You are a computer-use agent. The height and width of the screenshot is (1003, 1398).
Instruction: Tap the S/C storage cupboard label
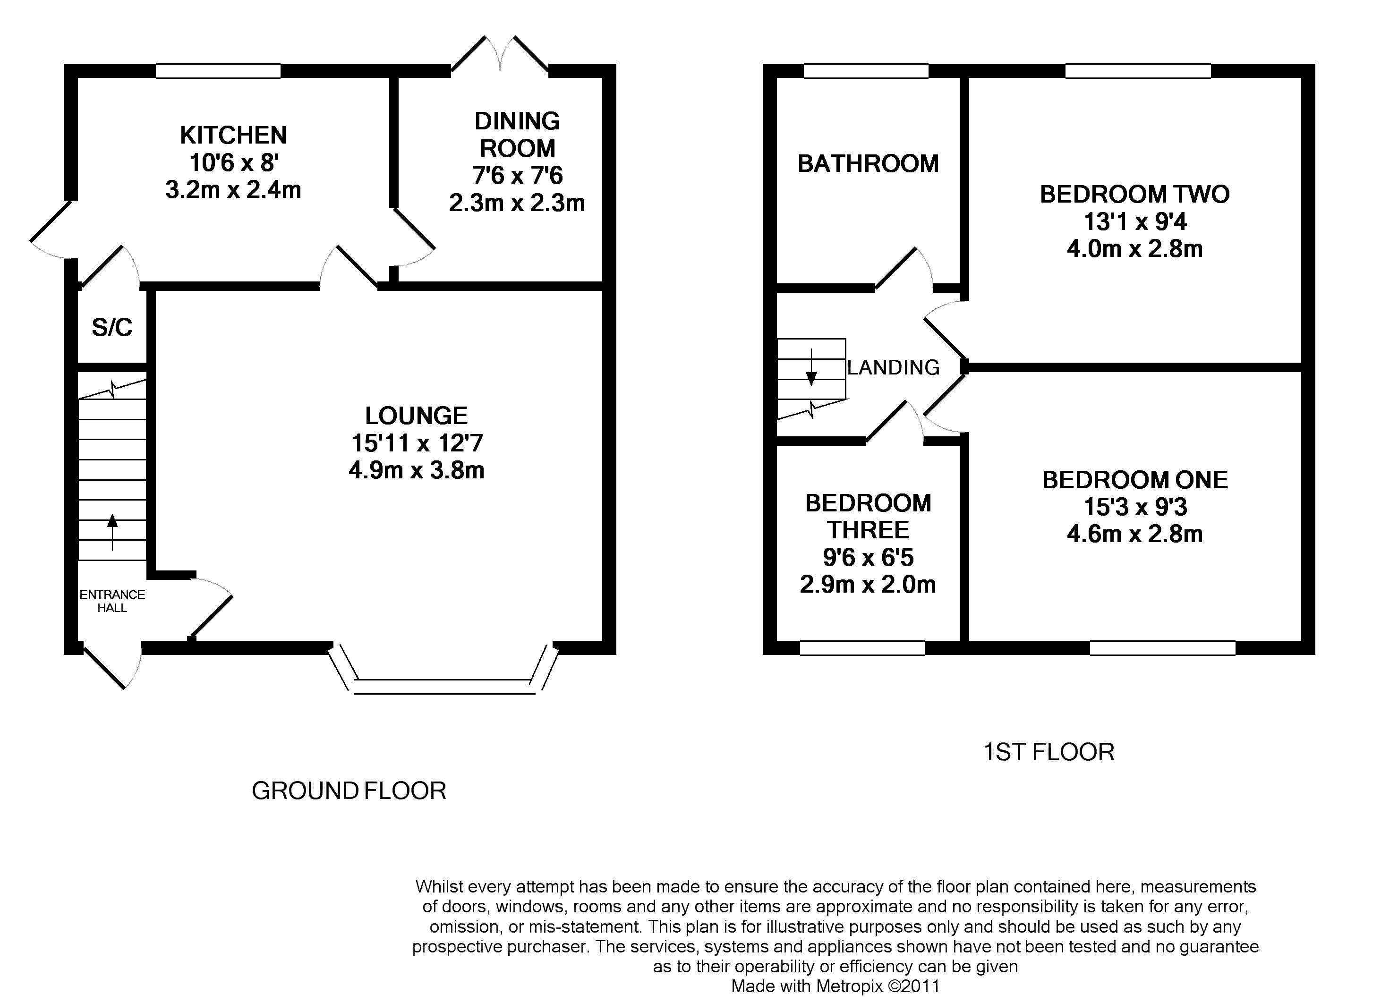pos(112,327)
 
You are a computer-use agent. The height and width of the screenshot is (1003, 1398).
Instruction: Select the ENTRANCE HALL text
pos(112,601)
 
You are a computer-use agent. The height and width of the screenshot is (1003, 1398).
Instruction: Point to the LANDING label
pos(893,367)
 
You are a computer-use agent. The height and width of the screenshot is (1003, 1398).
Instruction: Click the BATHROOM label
pos(868,163)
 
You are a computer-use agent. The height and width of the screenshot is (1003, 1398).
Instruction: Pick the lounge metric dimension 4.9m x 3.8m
pos(417,470)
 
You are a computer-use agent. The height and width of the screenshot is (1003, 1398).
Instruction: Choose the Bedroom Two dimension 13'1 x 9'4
pos(1135,221)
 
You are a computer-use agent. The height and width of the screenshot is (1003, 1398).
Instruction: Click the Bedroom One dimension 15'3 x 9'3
pos(1135,507)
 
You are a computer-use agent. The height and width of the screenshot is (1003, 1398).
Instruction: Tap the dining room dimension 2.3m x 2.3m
pos(517,203)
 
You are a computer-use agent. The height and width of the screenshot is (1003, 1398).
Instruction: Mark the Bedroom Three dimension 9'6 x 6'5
pos(868,557)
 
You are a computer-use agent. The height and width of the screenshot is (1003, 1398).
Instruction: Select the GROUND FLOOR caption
pos(349,791)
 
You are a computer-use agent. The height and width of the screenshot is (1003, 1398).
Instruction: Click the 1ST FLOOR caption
pos(1048,752)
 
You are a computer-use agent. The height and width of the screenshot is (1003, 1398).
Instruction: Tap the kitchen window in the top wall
pos(218,71)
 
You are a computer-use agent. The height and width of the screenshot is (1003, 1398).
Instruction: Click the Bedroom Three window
pos(862,648)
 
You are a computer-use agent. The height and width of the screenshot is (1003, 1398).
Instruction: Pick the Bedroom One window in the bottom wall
pos(1162,648)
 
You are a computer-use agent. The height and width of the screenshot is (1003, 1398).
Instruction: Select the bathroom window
pos(866,71)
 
